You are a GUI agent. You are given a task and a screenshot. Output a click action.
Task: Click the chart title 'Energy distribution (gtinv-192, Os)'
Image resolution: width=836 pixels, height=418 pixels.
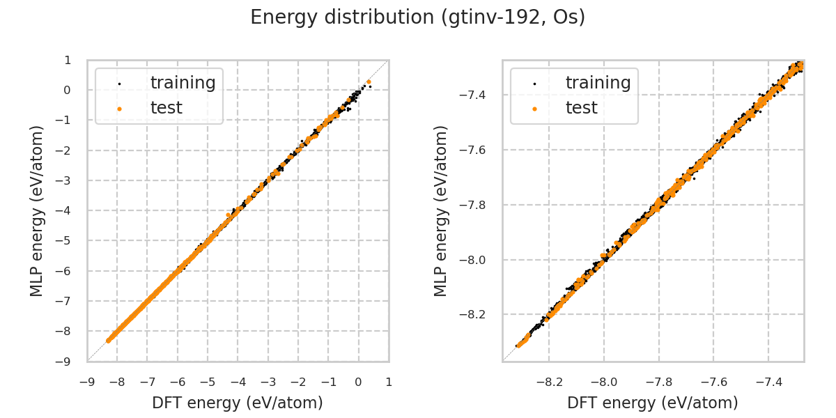[x=417, y=17]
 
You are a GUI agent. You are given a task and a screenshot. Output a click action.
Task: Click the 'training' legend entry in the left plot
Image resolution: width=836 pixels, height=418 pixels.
[x=183, y=83]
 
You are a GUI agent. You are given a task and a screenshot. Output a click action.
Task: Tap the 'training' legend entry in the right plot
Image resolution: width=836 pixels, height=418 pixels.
[x=598, y=83]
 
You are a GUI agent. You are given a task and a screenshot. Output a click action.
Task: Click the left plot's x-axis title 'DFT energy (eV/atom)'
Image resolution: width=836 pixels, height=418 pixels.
[x=238, y=403]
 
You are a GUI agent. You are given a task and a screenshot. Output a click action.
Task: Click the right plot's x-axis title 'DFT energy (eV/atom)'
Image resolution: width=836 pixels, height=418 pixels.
[x=653, y=403]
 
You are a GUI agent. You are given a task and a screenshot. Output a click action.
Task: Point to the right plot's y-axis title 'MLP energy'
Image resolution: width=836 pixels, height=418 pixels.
[x=441, y=210]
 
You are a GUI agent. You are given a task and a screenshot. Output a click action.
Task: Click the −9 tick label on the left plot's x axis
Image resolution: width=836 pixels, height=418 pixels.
[x=87, y=382]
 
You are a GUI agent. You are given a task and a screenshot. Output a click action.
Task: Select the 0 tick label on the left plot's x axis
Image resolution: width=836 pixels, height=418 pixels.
[x=359, y=382]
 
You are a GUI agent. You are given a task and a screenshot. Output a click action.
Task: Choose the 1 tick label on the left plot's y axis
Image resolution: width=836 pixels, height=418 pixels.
[x=68, y=60]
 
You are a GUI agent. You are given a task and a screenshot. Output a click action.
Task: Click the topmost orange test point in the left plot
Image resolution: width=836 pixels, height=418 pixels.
[x=369, y=82]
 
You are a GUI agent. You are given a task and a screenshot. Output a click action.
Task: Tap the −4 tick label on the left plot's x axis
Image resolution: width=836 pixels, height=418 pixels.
[x=238, y=382]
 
